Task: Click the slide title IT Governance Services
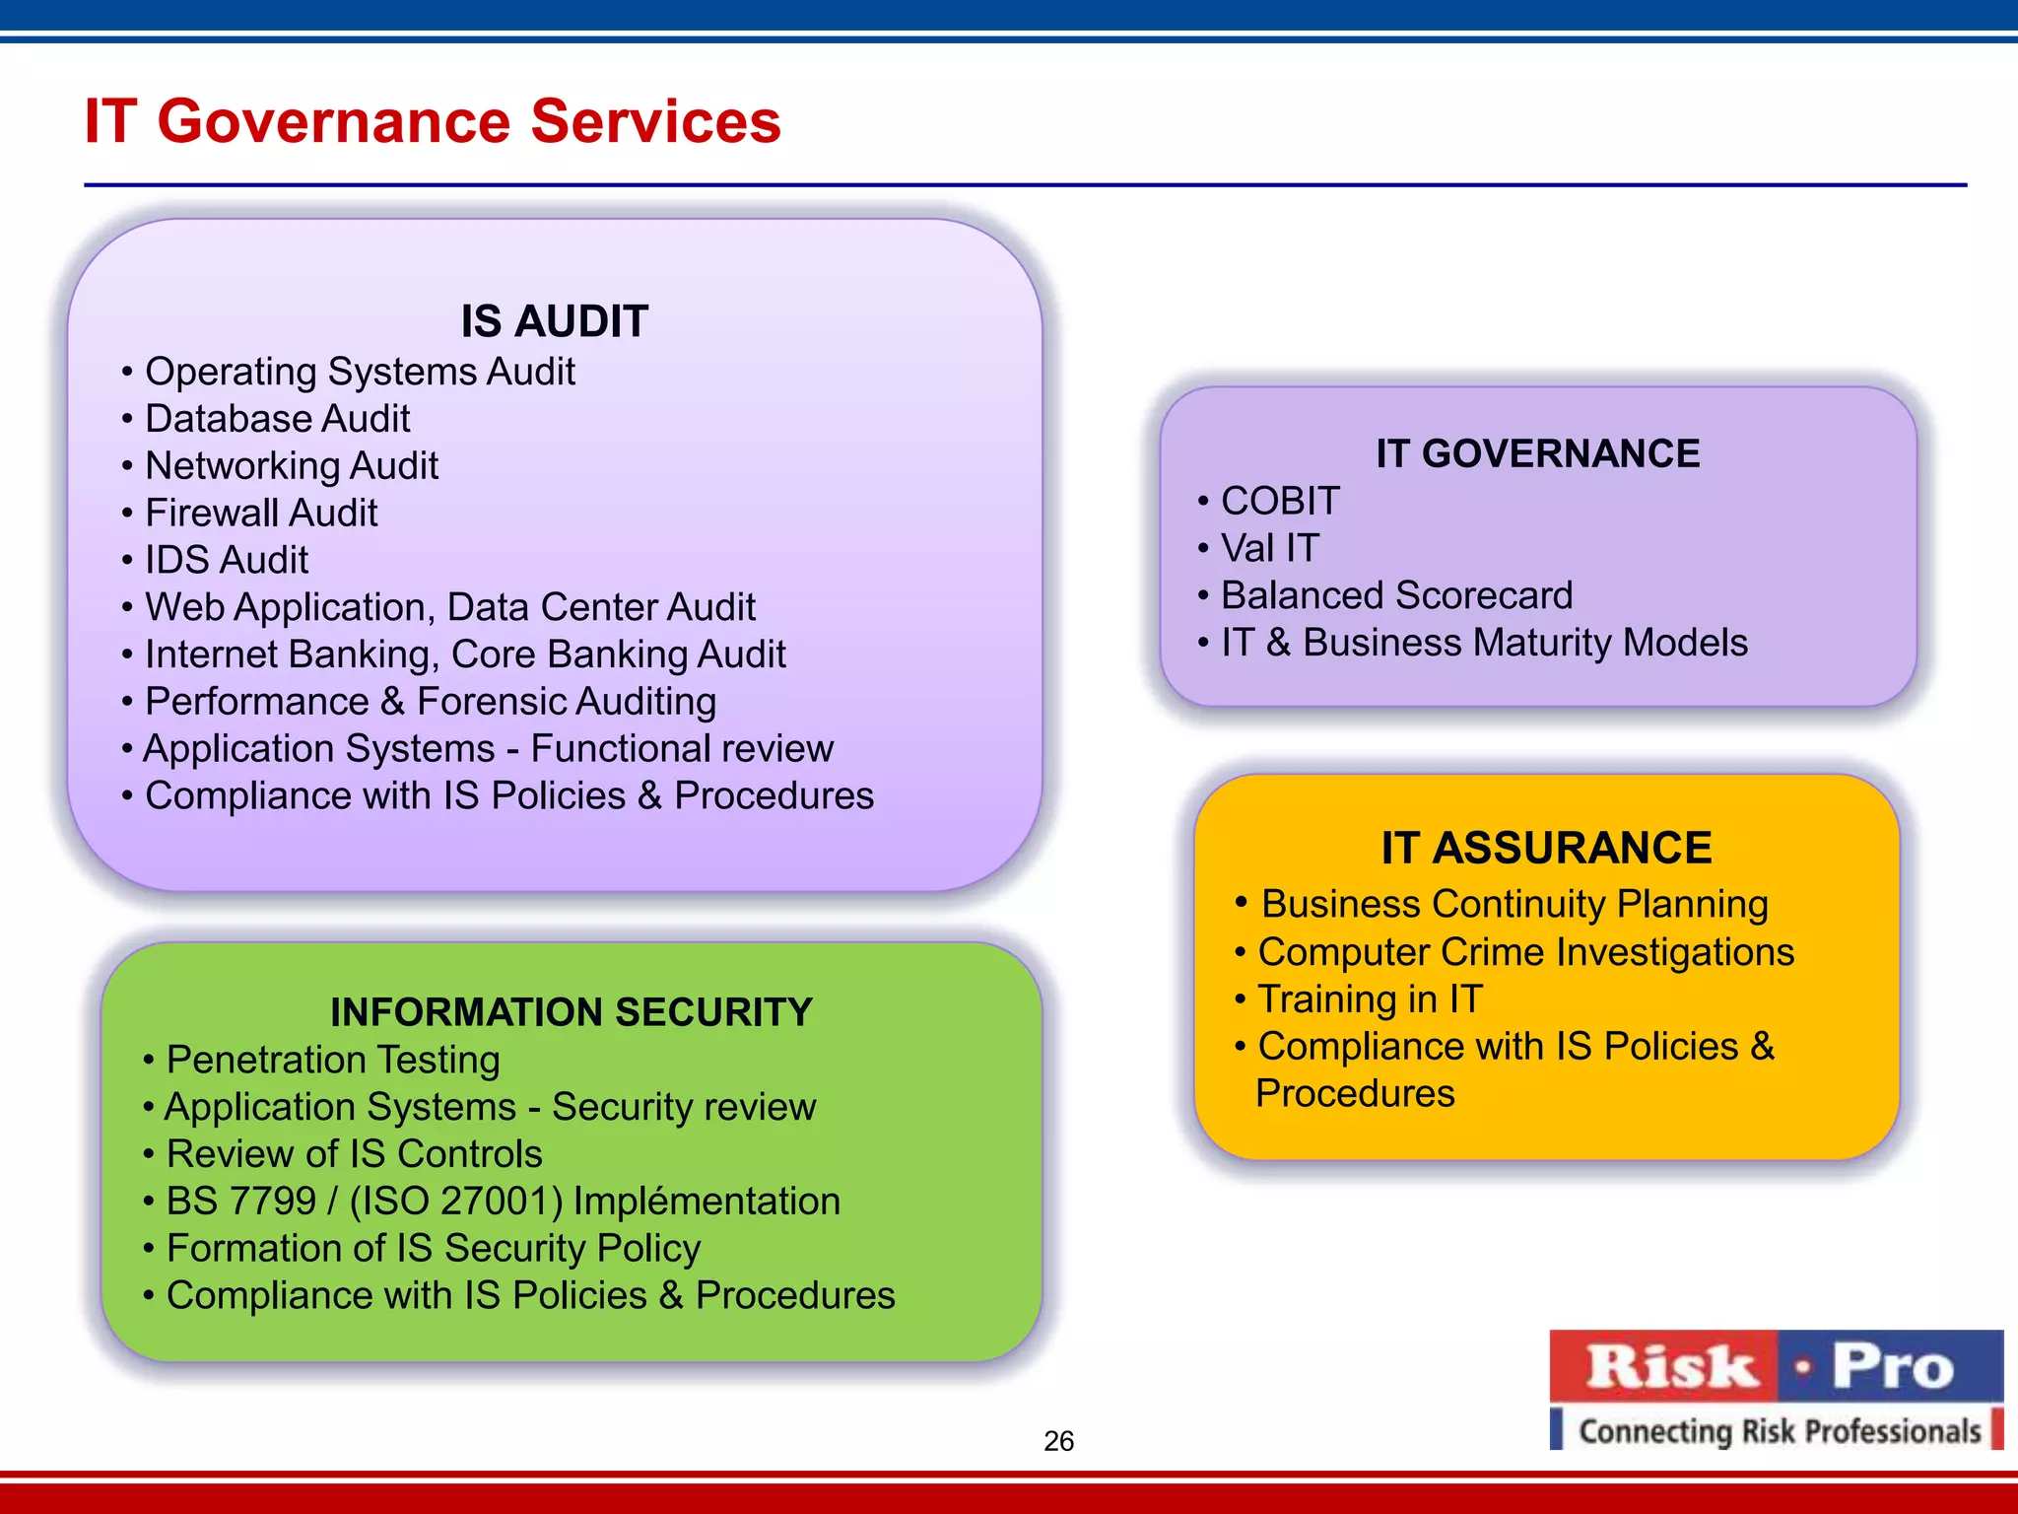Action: [433, 121]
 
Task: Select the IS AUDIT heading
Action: [554, 321]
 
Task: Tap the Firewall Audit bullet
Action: [261, 513]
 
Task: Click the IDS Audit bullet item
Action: [227, 560]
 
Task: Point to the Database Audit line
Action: [277, 419]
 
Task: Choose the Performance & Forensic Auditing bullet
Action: [431, 702]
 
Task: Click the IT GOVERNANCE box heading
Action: [1537, 453]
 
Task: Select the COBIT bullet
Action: [1280, 501]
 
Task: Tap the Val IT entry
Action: [1269, 548]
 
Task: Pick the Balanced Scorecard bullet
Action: [1396, 595]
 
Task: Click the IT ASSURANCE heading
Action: [1546, 848]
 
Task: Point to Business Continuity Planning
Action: [1514, 904]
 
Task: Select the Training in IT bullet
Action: [1370, 999]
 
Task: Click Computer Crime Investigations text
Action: [1525, 952]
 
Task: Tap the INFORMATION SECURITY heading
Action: [572, 1012]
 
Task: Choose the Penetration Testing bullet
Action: [333, 1060]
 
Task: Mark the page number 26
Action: [1058, 1441]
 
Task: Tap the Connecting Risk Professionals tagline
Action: [1779, 1430]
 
